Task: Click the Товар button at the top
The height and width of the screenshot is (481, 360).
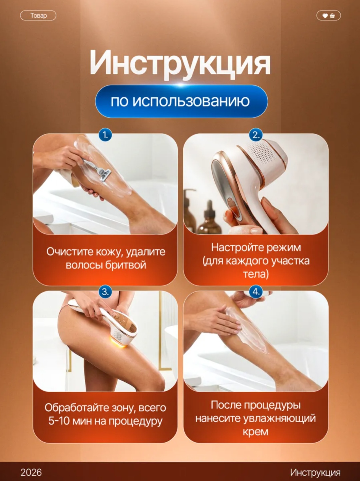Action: pos(38,16)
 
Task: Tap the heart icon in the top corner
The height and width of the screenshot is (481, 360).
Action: pos(325,16)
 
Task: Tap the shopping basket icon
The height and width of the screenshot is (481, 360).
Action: pos(332,16)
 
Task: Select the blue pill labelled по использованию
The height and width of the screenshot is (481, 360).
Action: pos(181,101)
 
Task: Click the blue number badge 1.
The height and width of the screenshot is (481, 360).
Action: pos(105,135)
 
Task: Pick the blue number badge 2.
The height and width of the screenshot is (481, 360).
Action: pos(256,135)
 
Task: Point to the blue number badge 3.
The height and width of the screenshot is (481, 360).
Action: pos(105,292)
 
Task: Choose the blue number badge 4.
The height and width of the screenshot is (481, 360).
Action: pos(256,292)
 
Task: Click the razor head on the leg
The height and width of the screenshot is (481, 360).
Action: pos(105,174)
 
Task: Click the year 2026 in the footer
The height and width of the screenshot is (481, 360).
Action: pos(31,472)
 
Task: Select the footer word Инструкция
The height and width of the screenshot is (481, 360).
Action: pos(315,473)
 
